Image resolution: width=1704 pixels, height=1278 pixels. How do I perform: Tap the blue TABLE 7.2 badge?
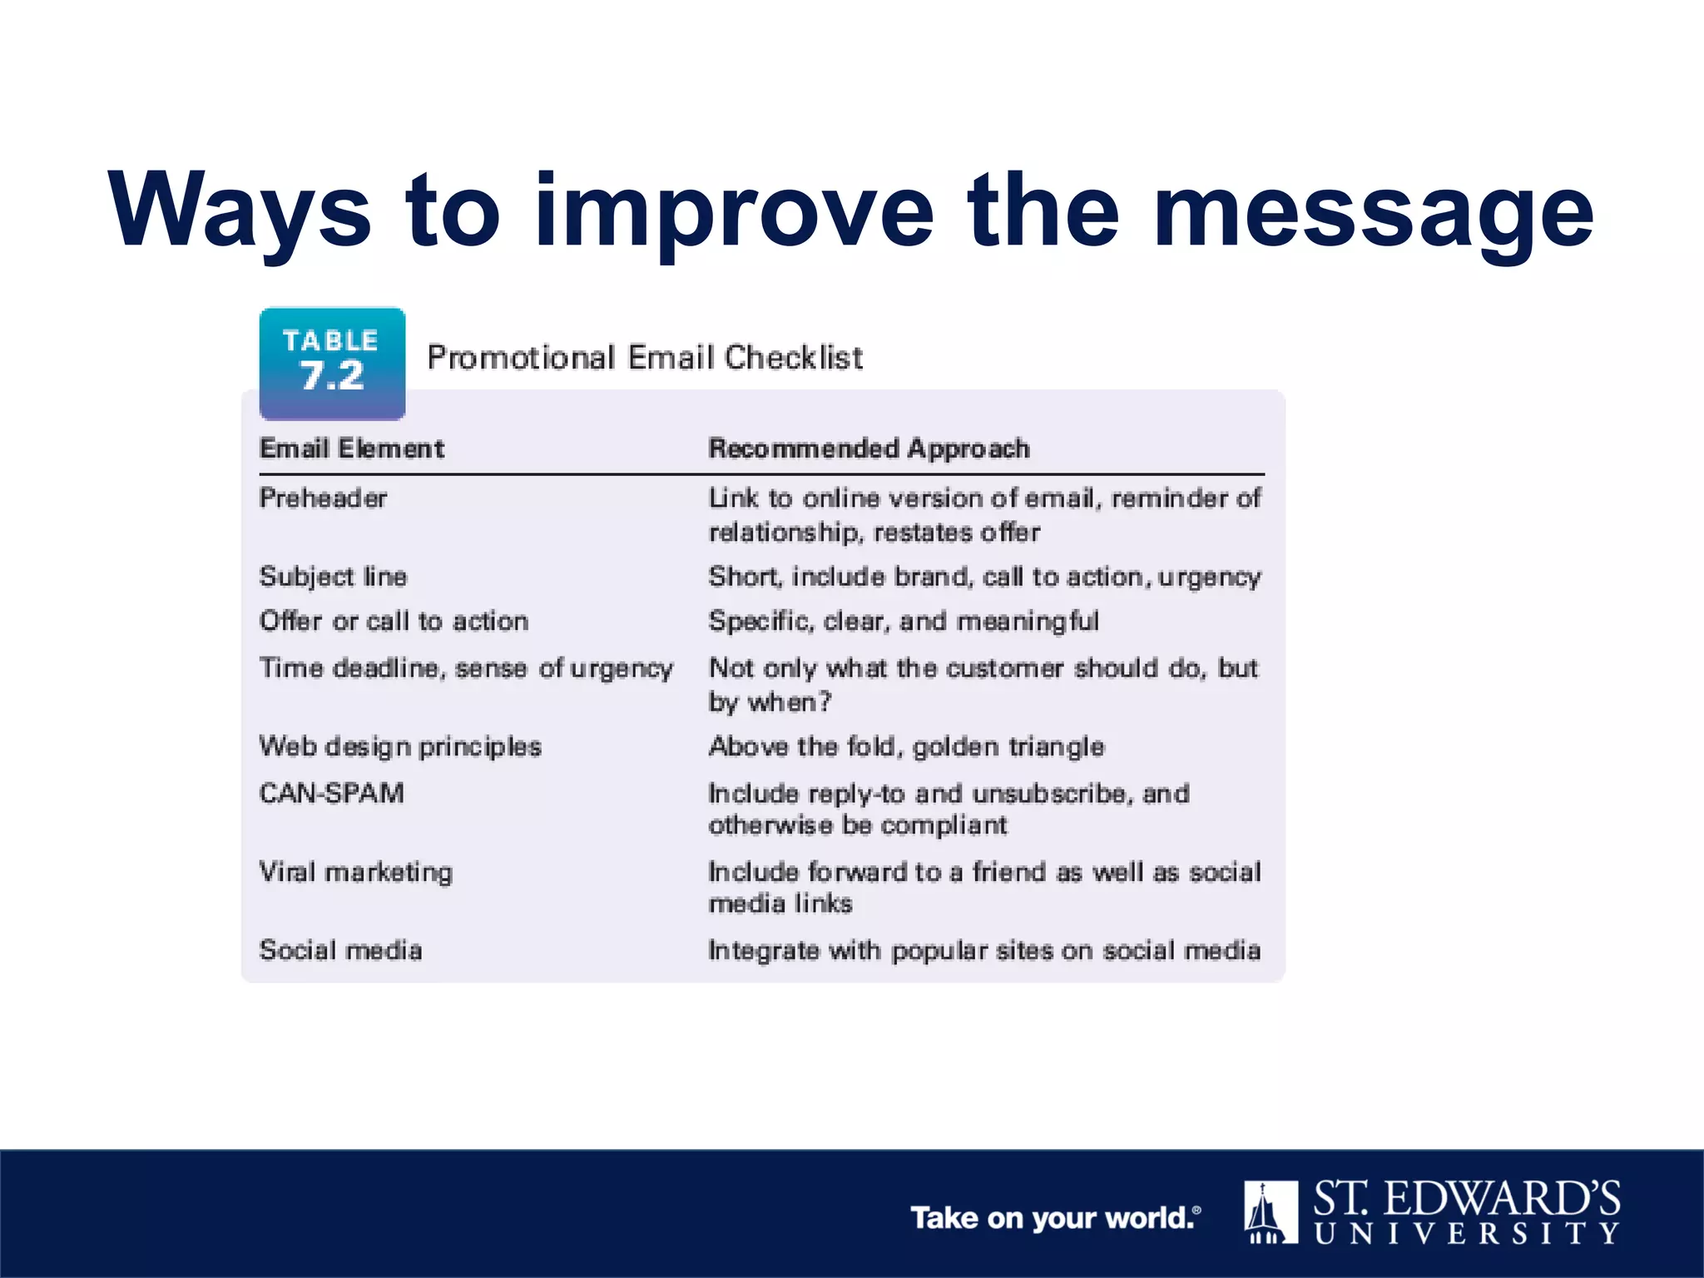click(332, 364)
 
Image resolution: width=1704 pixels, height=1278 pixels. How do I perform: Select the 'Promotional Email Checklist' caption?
click(645, 358)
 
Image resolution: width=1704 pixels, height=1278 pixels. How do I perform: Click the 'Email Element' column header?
click(352, 448)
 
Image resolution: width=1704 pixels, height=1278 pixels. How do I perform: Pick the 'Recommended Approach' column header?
click(869, 448)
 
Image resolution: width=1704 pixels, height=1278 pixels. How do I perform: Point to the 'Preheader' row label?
click(323, 498)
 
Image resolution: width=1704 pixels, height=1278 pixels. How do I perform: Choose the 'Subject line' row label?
click(333, 577)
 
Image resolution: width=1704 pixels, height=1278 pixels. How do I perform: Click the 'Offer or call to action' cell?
click(394, 622)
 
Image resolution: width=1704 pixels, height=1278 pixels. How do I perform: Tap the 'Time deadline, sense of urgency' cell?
click(466, 668)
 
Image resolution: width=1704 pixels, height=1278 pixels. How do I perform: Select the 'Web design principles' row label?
click(400, 746)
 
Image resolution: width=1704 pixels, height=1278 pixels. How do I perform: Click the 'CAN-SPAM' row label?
click(331, 793)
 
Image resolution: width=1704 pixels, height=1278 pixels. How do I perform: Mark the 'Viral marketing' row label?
click(356, 872)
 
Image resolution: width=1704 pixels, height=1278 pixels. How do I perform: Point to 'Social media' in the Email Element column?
click(340, 950)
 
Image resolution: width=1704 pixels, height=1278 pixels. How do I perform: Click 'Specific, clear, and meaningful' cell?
click(904, 622)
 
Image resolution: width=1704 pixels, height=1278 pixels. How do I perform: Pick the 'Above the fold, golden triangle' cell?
click(906, 746)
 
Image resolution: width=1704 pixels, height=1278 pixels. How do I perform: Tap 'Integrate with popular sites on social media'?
click(984, 950)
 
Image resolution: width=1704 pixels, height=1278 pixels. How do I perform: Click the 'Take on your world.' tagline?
click(1053, 1218)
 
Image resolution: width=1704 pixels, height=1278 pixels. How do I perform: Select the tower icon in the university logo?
click(1271, 1212)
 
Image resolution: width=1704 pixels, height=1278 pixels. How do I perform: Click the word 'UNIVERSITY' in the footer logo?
click(1467, 1233)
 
